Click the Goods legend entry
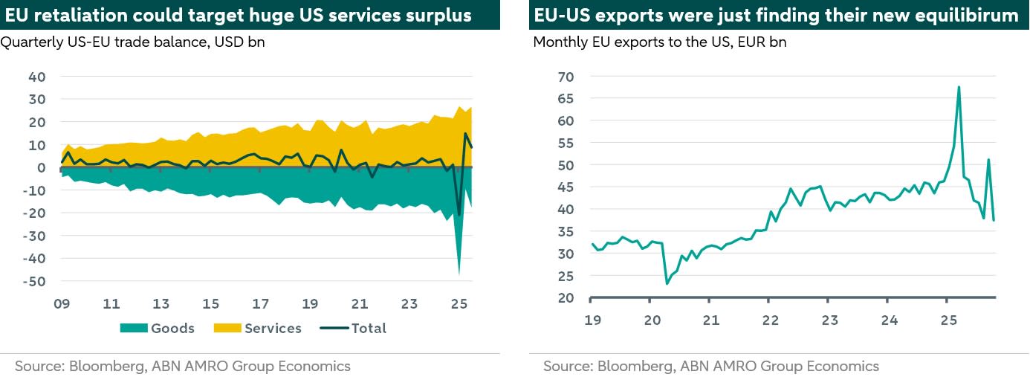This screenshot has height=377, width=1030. (x=172, y=328)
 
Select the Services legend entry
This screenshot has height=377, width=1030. (x=273, y=328)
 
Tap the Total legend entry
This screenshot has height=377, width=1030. (x=369, y=328)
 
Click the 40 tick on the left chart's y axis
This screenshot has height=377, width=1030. (x=36, y=77)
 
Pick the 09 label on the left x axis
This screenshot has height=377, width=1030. (x=62, y=304)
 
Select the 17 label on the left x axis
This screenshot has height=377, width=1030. (x=260, y=304)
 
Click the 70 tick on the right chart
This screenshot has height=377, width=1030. (x=566, y=76)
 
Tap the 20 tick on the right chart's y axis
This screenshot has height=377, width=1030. (x=566, y=298)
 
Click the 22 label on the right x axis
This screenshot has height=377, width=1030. (x=770, y=321)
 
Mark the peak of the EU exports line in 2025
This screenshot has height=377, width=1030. (x=959, y=87)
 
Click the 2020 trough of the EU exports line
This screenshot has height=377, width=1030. (x=667, y=283)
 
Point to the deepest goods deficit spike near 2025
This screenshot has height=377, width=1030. (x=459, y=272)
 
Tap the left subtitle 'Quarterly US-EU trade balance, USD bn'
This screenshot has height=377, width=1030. (x=133, y=42)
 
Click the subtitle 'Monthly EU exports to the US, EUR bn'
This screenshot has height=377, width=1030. (x=660, y=42)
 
